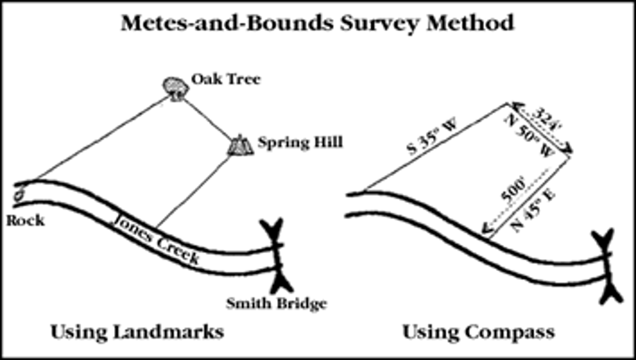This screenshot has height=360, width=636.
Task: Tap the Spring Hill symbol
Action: (x=240, y=145)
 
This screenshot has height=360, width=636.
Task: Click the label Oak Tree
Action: (x=226, y=80)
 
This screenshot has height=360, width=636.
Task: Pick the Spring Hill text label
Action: (x=300, y=143)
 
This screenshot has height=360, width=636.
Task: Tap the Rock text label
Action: (x=25, y=220)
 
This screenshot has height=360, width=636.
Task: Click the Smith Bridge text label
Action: (x=276, y=304)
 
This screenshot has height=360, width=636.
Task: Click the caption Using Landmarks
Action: (x=137, y=332)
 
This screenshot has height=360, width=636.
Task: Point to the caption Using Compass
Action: (x=478, y=332)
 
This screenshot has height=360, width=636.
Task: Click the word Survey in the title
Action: (x=371, y=23)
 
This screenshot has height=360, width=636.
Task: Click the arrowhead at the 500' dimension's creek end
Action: (x=485, y=228)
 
